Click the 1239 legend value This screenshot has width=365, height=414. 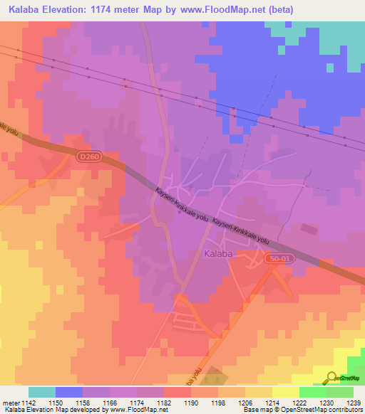pos(354,403)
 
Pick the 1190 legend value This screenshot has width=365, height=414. pos(190,403)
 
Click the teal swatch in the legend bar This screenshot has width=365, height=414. pos(41,392)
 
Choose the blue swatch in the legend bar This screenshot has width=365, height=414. pos(68,392)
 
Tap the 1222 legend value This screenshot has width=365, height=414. pos(299,403)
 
